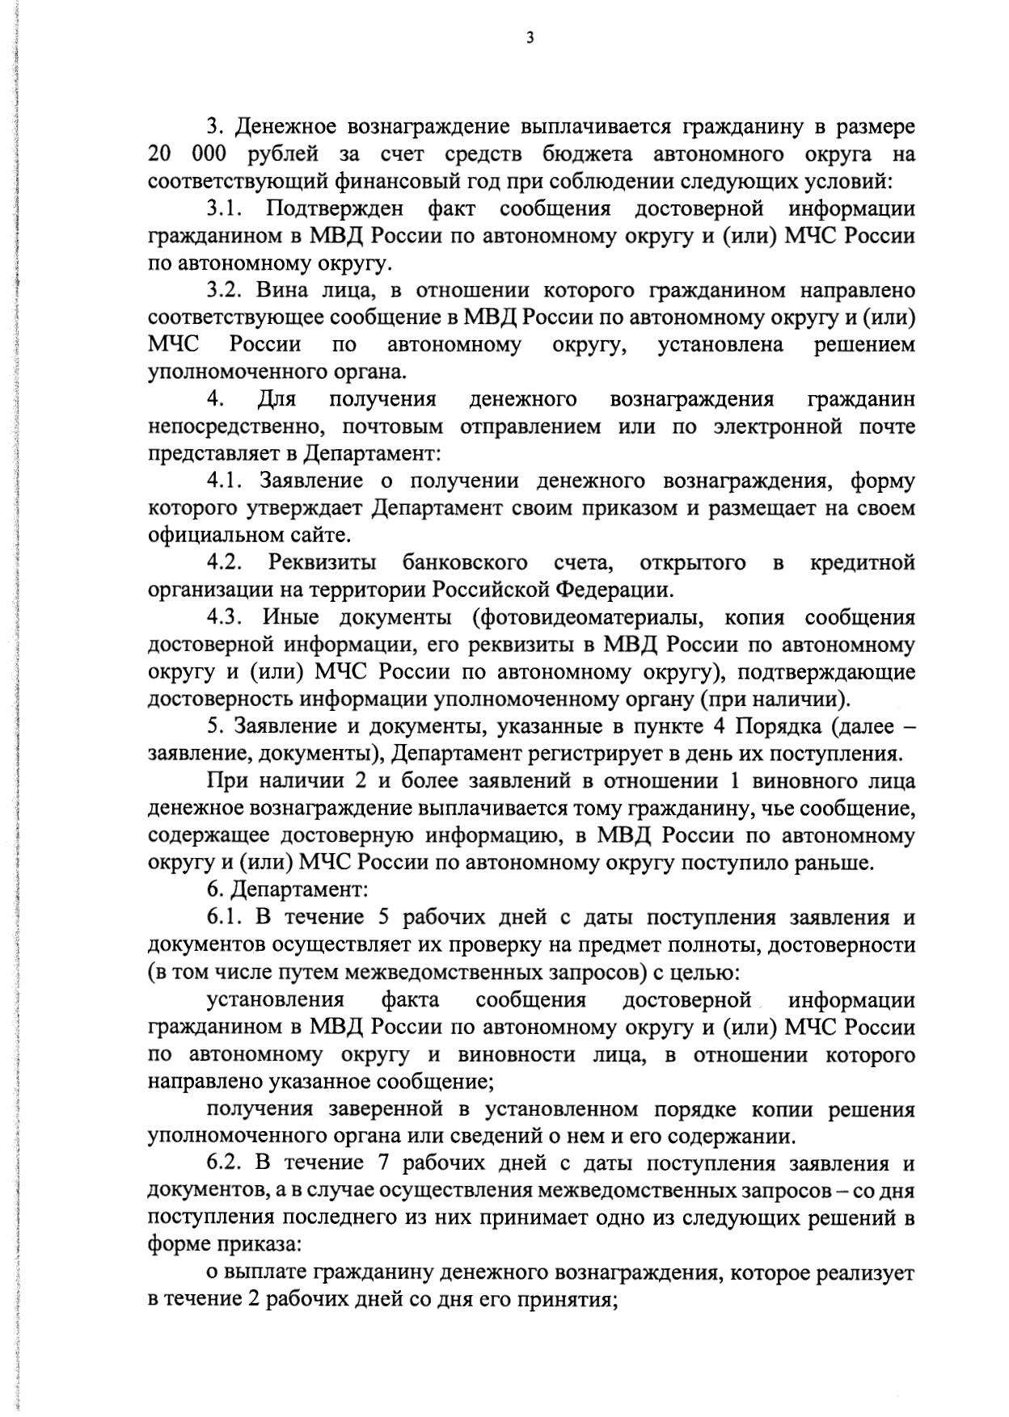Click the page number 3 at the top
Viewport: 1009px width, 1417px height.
pos(530,37)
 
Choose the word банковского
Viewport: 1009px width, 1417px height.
pos(465,562)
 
